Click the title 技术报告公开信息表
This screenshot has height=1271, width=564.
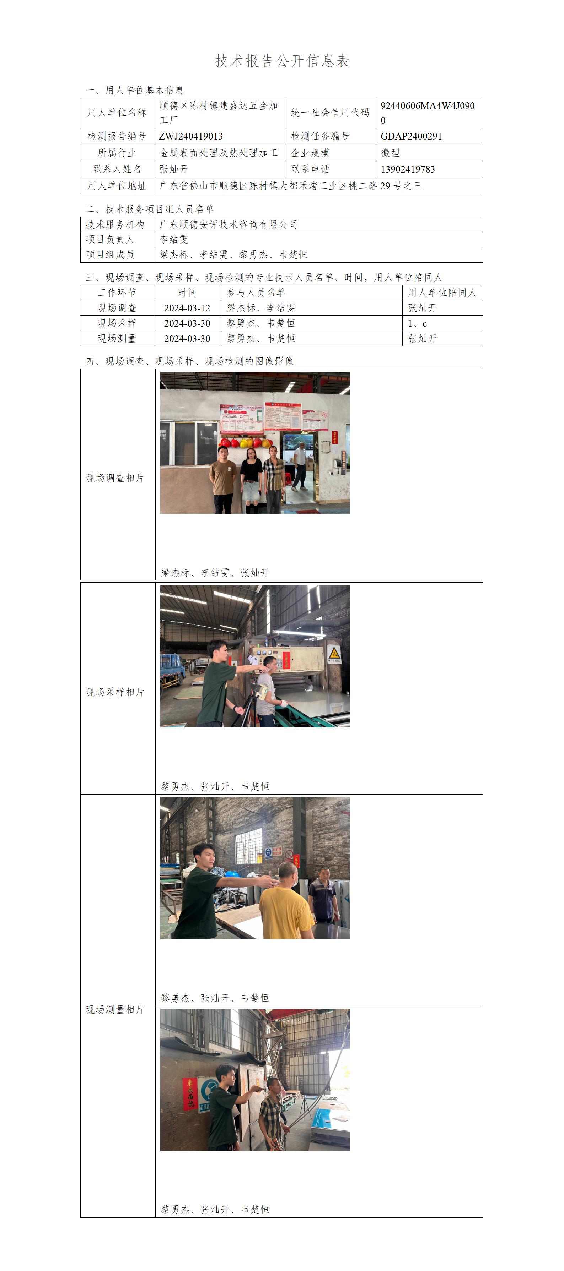point(282,61)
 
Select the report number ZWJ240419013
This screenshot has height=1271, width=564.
point(190,136)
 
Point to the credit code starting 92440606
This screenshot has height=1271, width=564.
point(427,113)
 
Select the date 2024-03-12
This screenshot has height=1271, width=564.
point(187,308)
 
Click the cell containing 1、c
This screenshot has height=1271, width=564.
point(442,323)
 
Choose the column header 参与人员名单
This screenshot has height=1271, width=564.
point(256,293)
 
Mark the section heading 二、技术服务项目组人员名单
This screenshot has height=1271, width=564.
point(150,209)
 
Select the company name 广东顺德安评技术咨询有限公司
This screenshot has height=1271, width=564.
point(229,224)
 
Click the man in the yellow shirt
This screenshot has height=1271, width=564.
point(284,903)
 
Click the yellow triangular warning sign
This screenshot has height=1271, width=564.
point(334,651)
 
